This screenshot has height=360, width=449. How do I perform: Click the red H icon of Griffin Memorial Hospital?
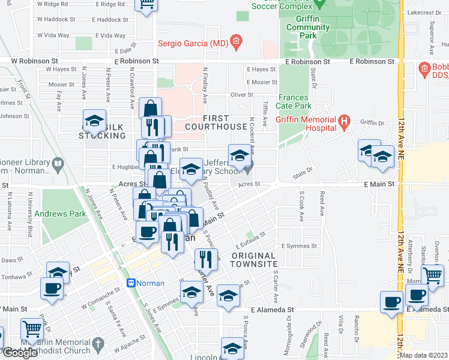(x=344, y=123)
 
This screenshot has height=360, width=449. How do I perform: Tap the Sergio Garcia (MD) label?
(x=193, y=43)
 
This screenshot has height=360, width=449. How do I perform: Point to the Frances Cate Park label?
(x=294, y=101)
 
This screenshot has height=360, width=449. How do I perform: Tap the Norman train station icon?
(x=130, y=283)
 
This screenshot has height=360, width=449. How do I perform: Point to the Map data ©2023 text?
(x=423, y=355)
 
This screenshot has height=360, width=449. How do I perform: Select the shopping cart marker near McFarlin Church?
(x=31, y=329)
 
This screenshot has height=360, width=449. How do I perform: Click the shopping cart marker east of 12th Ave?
(x=433, y=275)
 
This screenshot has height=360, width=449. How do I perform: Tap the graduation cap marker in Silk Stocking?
(x=94, y=121)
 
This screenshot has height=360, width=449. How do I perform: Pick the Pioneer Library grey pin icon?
(x=58, y=163)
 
